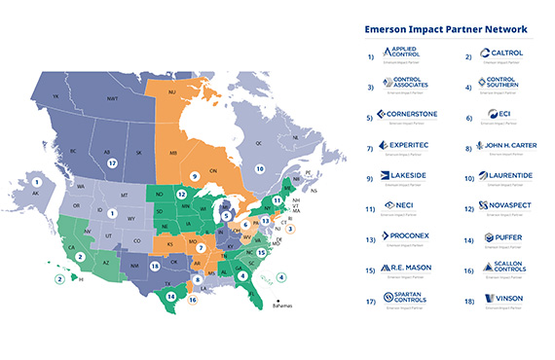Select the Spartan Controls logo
click(x=406, y=298)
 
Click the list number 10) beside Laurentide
click(x=469, y=177)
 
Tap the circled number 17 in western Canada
click(x=113, y=163)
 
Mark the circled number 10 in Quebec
click(x=260, y=167)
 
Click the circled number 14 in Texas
click(x=171, y=296)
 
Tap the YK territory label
click(x=56, y=97)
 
